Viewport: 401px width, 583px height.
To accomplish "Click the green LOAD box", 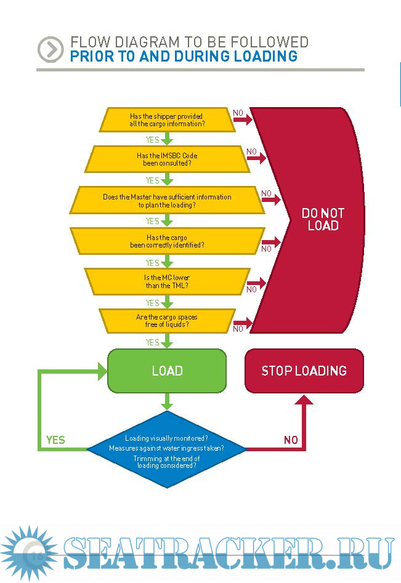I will click(x=167, y=371).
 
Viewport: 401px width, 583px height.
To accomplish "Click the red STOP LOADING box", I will click(x=304, y=371).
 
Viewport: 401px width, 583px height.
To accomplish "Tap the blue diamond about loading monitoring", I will click(x=167, y=449).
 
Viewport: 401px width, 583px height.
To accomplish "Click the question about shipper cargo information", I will click(x=167, y=119).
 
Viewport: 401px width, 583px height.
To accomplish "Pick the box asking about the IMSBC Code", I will click(x=167, y=159).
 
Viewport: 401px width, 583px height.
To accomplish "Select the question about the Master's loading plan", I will click(x=167, y=201).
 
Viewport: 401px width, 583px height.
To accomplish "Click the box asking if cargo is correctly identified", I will click(x=167, y=241).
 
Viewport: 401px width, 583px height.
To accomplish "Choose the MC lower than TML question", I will click(x=167, y=281).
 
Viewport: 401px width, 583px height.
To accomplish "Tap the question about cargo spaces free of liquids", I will click(x=167, y=321).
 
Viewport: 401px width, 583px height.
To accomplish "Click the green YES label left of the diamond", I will click(x=55, y=440).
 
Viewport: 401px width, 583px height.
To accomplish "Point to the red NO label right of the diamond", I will click(x=291, y=440).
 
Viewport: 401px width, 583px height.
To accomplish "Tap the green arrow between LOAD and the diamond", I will click(x=167, y=402).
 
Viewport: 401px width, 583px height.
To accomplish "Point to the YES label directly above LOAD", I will click(x=152, y=342).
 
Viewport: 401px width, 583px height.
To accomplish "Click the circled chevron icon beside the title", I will click(x=50, y=49).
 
